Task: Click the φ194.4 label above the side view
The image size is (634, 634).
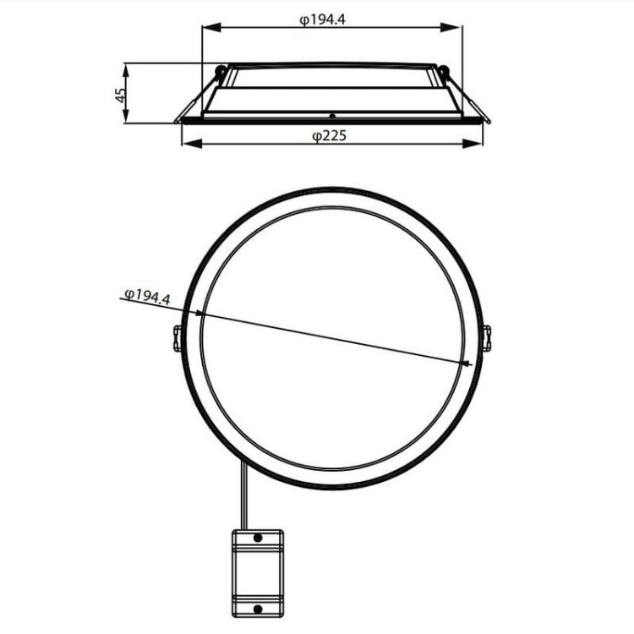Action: point(322,19)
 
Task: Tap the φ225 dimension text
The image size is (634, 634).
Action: point(329,135)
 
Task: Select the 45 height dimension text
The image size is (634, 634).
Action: point(121,93)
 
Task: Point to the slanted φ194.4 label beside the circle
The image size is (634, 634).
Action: point(147,297)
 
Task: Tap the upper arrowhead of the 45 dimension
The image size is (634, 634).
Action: point(127,67)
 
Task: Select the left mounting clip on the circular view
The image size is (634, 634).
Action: point(178,338)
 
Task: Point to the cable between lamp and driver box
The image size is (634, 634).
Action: point(245,499)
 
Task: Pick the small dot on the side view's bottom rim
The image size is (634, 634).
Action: point(332,116)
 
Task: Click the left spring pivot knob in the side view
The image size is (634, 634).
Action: point(221,71)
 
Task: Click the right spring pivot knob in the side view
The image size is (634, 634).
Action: point(441,71)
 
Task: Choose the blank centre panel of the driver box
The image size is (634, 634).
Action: point(257,572)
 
